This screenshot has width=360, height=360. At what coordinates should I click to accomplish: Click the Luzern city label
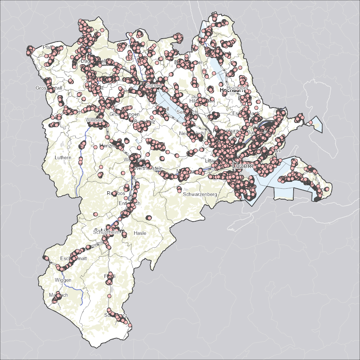243,165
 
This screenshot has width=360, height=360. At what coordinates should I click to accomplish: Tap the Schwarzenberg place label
200,194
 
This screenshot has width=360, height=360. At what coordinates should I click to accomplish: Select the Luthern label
63,157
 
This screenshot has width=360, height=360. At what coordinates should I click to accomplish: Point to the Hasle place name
140,233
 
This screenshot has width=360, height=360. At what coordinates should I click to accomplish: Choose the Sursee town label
153,85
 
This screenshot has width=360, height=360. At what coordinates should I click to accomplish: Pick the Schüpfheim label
106,232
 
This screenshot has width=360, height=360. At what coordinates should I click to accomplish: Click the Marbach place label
58,295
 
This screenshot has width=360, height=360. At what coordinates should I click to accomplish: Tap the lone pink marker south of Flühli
109,296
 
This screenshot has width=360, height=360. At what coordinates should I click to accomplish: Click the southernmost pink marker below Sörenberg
130,325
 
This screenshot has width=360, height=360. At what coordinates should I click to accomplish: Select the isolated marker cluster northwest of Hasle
148,218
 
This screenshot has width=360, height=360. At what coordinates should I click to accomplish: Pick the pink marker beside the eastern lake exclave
311,123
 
